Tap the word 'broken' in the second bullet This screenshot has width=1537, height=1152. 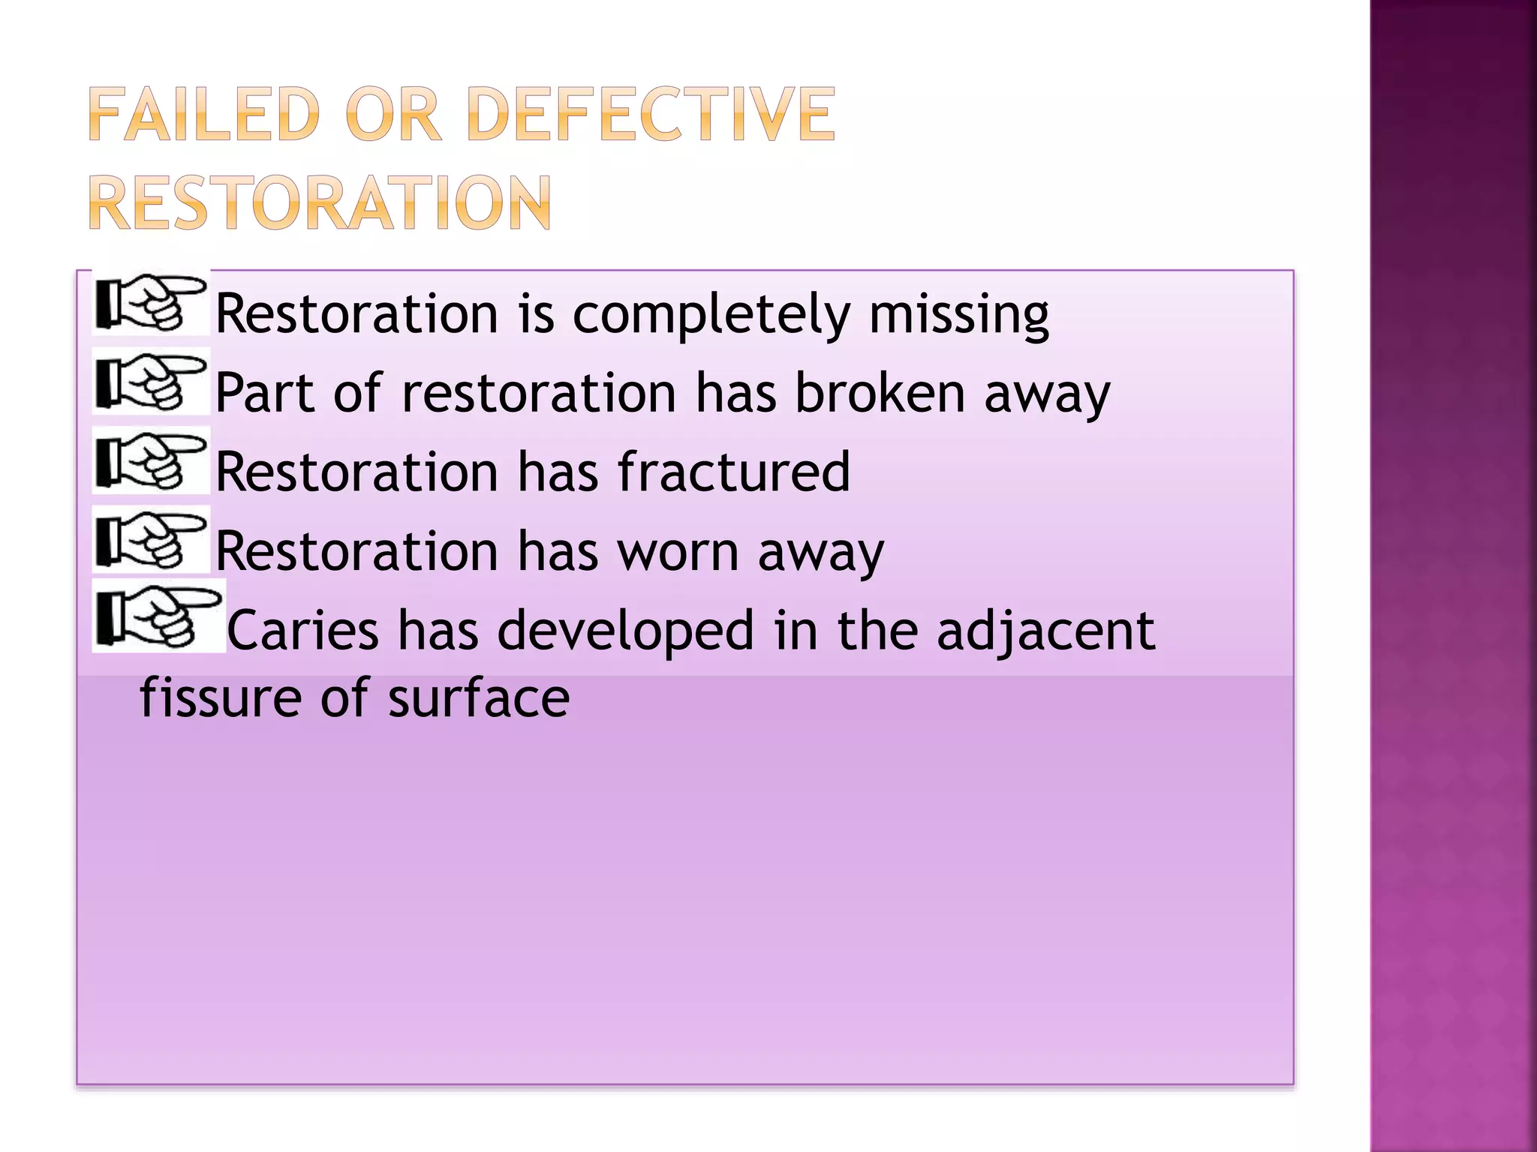click(879, 393)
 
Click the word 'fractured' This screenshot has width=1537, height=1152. click(733, 472)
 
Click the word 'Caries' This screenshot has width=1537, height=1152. click(302, 631)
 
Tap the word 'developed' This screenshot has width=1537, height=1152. click(625, 631)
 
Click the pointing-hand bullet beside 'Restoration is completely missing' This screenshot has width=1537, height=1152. click(151, 303)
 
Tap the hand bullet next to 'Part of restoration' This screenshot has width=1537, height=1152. click(151, 382)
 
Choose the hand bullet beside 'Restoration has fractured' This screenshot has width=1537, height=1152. click(151, 460)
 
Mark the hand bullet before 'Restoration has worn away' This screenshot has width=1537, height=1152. click(151, 540)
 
